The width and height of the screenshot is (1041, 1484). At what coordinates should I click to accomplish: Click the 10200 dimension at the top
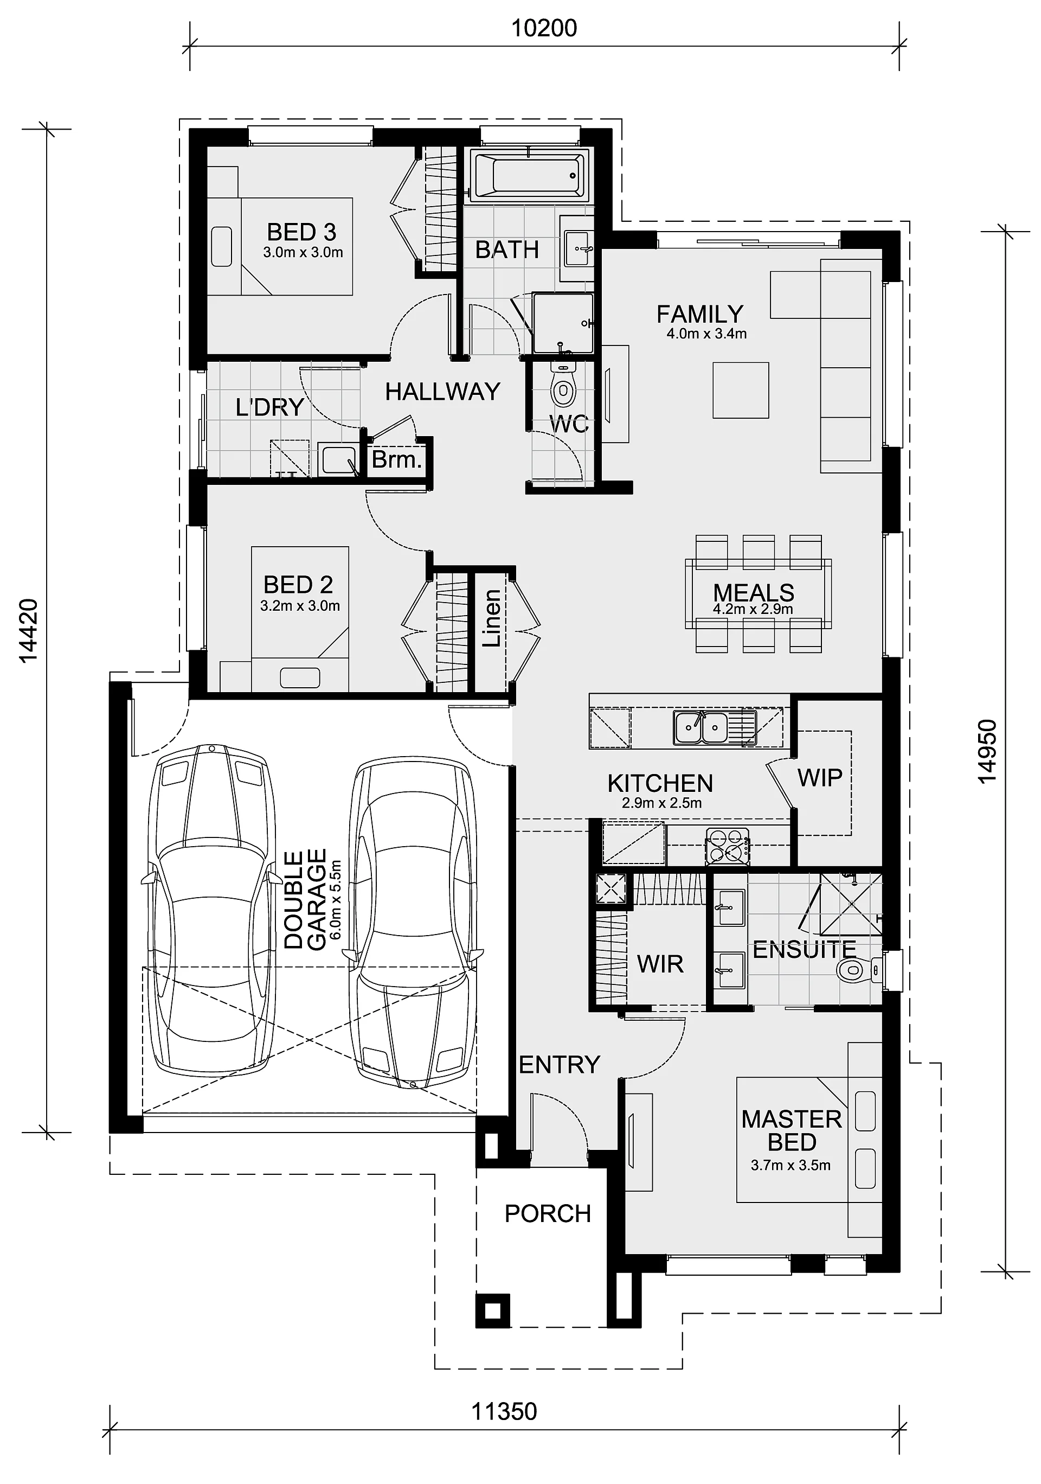pyautogui.click(x=544, y=28)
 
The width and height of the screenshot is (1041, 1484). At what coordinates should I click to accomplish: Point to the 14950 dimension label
pyautogui.click(x=987, y=752)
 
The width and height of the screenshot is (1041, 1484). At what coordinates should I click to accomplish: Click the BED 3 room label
pyautogui.click(x=302, y=232)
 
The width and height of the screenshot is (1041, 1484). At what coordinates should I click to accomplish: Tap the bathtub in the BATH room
pyautogui.click(x=529, y=174)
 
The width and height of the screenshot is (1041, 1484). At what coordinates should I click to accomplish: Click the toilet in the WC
pyautogui.click(x=564, y=387)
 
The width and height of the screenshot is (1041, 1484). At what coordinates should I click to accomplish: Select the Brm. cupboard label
pyautogui.click(x=397, y=459)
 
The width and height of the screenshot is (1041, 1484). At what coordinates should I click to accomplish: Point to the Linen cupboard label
pyautogui.click(x=492, y=618)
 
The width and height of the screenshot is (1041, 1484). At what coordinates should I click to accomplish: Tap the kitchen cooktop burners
pyautogui.click(x=727, y=846)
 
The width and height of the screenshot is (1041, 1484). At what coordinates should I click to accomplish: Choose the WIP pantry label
pyautogui.click(x=820, y=778)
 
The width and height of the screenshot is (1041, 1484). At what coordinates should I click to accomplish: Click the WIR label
pyautogui.click(x=660, y=964)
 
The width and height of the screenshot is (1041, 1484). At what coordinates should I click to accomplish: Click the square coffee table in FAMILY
pyautogui.click(x=741, y=391)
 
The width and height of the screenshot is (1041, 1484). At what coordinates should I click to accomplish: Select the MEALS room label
pyautogui.click(x=754, y=593)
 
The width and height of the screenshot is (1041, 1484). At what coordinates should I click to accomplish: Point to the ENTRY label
pyautogui.click(x=560, y=1065)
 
